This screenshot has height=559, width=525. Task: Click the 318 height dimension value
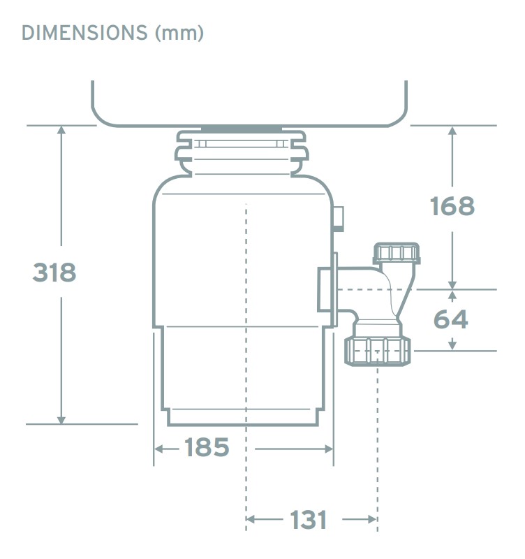(54, 272)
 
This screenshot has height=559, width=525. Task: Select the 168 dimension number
(452, 206)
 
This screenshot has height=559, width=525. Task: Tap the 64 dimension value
(451, 319)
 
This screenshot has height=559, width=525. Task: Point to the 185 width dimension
(207, 447)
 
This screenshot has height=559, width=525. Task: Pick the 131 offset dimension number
(308, 519)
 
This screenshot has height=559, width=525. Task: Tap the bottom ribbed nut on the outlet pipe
(378, 350)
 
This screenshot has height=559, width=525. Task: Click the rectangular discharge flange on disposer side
(327, 289)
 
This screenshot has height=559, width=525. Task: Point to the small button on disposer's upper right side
(339, 218)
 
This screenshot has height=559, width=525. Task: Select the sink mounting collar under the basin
(241, 152)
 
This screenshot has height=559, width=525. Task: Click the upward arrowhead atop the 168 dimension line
(452, 131)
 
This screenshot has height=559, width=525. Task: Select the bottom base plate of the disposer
(244, 418)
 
